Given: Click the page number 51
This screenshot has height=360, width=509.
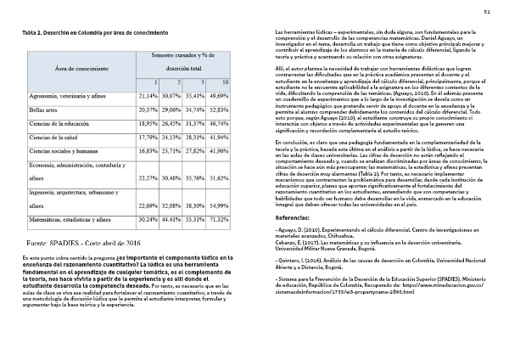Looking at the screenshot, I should coord(487,11).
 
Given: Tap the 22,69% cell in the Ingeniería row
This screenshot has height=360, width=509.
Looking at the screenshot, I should coord(148,205).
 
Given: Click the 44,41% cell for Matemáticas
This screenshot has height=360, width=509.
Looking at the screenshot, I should coord(171,219).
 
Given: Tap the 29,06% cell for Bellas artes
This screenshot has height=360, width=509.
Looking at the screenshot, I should coord(171,110).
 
